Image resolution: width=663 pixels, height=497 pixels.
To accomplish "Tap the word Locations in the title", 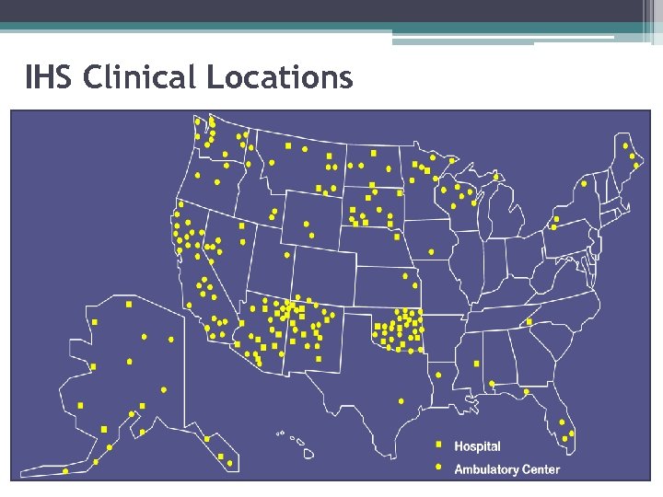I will [279, 78].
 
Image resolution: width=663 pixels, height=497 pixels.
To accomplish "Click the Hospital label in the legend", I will [477, 446].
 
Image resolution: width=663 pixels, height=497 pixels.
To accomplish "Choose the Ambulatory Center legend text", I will [506, 469].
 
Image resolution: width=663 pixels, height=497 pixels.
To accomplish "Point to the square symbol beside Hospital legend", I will [438, 445].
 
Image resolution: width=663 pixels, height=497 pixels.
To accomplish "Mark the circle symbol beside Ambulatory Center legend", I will [438, 468].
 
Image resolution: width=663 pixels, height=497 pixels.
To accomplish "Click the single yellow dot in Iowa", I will [431, 251].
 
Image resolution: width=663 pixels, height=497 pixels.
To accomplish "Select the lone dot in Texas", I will [401, 401].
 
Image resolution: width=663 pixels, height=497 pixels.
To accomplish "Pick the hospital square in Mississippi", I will [476, 364].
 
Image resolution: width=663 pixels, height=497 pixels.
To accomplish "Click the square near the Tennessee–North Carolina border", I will [529, 322].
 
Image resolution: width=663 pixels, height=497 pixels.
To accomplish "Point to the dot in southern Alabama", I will [492, 384].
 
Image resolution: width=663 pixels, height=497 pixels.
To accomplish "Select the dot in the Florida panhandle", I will [526, 392].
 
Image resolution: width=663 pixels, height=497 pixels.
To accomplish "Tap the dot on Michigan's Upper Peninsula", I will [496, 176].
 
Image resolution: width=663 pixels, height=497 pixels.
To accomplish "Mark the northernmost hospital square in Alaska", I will [127, 304].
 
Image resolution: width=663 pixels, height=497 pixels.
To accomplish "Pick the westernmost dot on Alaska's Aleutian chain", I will [64, 471].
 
